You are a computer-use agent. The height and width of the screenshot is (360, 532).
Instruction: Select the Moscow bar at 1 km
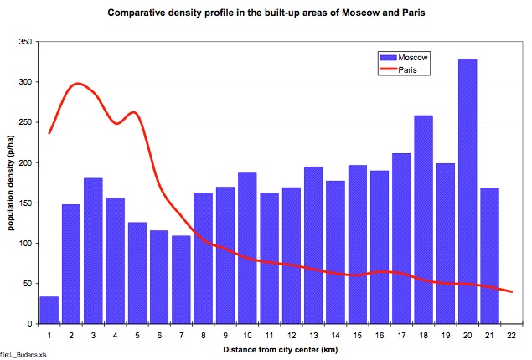49,310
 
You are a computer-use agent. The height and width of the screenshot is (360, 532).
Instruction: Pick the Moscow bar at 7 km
182,280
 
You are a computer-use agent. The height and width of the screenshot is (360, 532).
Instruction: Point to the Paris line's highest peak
78,84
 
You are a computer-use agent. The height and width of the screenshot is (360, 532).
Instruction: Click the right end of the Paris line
511,292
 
